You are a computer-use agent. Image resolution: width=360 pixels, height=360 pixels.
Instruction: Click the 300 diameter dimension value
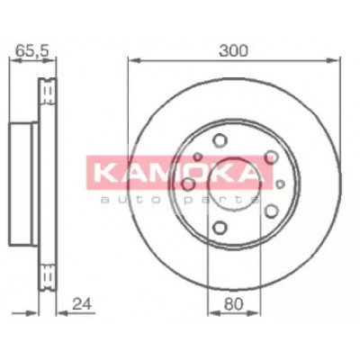click(x=234, y=50)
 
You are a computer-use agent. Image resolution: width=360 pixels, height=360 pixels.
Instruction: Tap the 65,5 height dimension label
click(x=31, y=50)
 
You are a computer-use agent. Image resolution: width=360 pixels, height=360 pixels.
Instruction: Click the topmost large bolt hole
click(x=220, y=140)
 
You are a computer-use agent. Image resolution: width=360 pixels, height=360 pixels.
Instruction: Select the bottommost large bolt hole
click(x=220, y=228)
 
